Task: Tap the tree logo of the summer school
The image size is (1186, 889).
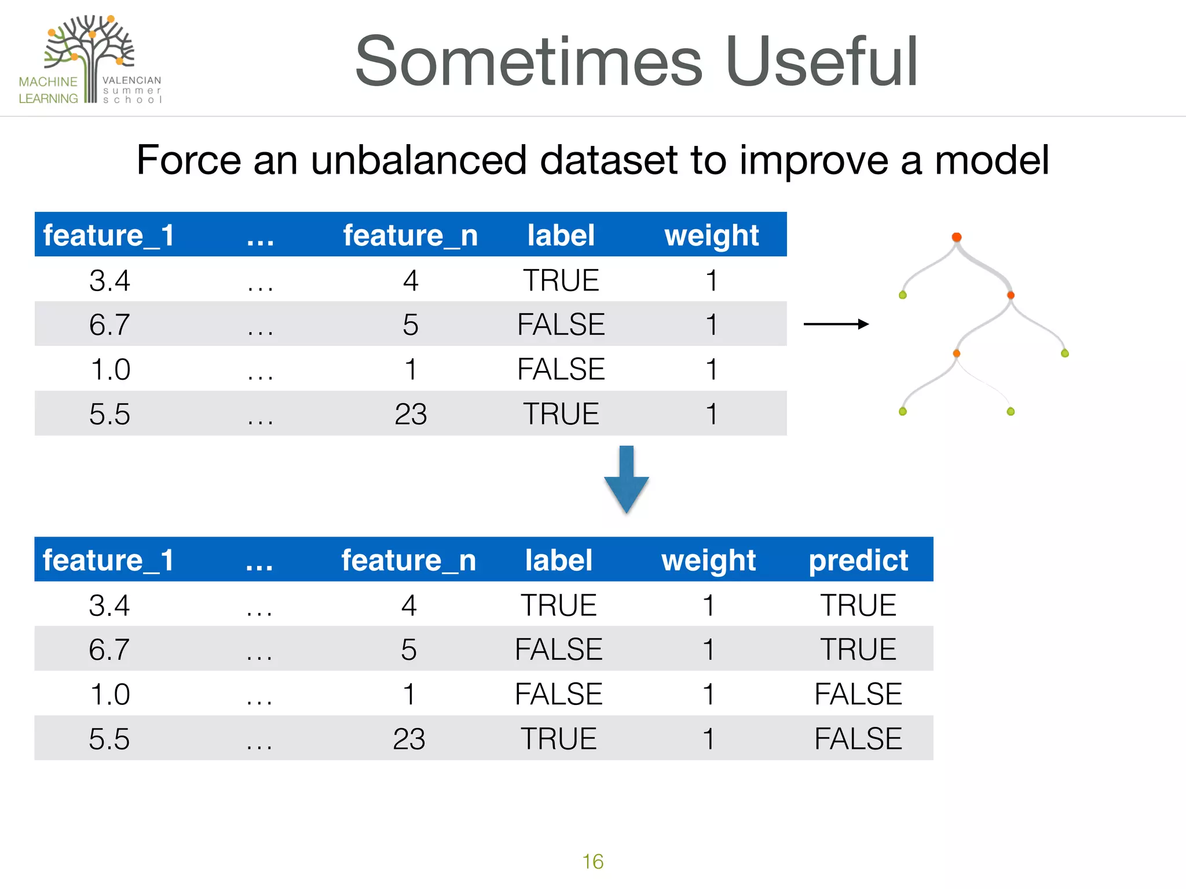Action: (x=90, y=49)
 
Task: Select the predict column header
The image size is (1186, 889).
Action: (x=858, y=560)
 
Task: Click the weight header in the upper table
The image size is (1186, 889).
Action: (x=711, y=235)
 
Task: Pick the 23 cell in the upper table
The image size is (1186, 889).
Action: (x=411, y=414)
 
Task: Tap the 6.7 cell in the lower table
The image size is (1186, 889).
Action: (x=109, y=649)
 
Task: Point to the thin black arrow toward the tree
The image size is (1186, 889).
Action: (x=836, y=324)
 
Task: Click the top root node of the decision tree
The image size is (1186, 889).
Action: (x=957, y=237)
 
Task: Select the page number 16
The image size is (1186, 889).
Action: (x=592, y=862)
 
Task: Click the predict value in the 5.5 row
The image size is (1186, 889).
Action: (x=858, y=739)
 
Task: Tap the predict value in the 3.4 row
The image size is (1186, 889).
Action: (x=858, y=605)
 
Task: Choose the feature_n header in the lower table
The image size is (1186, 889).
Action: (x=408, y=560)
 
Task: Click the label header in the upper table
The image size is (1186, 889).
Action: (x=561, y=235)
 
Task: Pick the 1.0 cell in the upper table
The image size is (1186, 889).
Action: (x=110, y=369)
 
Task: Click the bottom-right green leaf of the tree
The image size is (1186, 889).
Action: (x=1011, y=412)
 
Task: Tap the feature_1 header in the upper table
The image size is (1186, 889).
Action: (x=109, y=235)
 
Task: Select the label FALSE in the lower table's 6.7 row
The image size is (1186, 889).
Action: (x=559, y=649)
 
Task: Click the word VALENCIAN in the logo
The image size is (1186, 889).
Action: (x=132, y=80)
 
